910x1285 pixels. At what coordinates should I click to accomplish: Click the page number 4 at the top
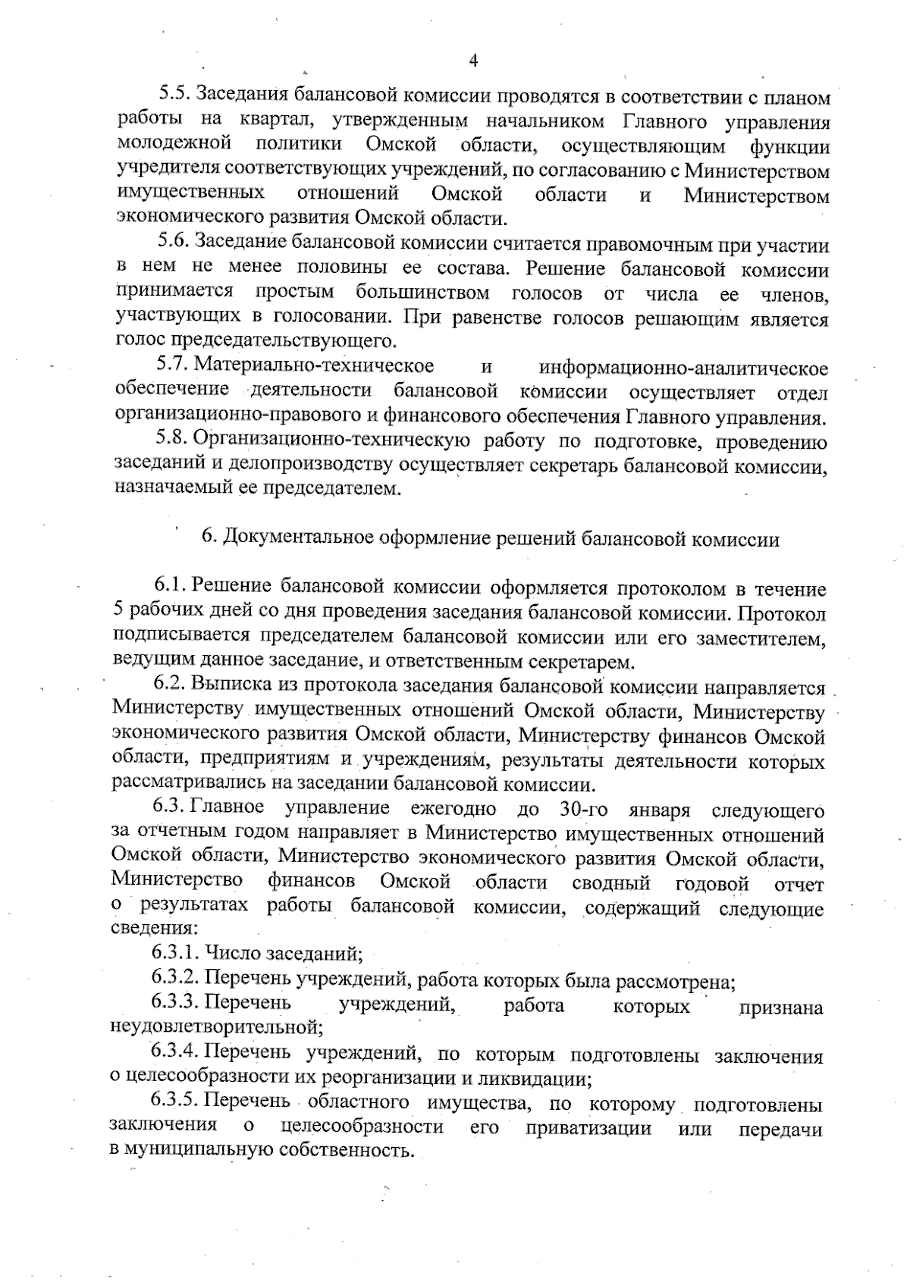(474, 61)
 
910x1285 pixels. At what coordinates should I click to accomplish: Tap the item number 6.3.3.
(176, 1004)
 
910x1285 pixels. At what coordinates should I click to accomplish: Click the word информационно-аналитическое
(683, 368)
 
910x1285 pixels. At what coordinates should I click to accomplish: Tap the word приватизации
(588, 1127)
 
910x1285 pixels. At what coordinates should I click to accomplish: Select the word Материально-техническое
(315, 366)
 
